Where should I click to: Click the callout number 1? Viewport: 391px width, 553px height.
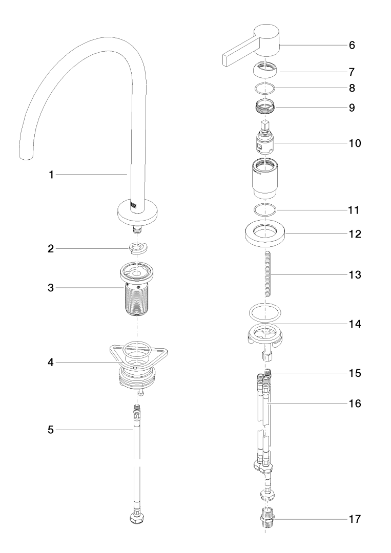pos(51,175)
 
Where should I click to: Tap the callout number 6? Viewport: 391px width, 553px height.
pos(352,45)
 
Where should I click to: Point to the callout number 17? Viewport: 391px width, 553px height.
pos(355,519)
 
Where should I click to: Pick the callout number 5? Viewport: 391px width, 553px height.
pos(51,431)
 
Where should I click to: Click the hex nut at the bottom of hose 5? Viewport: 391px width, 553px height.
pos(137,518)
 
